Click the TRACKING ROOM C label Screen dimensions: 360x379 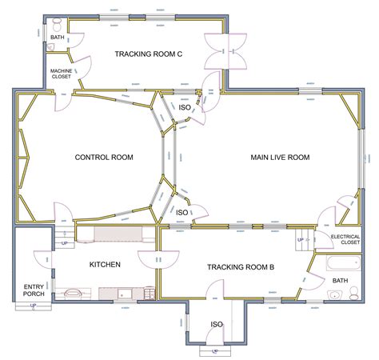point(148,54)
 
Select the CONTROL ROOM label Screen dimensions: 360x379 point(103,157)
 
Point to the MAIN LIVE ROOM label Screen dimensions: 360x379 point(279,158)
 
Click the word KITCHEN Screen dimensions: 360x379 point(104,264)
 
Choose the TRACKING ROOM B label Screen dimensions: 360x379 point(241,267)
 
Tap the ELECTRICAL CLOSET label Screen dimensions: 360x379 point(345,238)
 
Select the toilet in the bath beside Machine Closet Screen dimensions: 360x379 point(54,49)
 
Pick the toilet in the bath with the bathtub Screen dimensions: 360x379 point(356,295)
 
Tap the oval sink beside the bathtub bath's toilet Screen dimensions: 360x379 point(333,296)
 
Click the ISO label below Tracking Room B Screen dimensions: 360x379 point(216,324)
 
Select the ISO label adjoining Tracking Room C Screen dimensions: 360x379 point(184,106)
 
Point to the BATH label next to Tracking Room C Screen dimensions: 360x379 point(58,37)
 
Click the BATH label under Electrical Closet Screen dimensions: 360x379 point(340,281)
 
